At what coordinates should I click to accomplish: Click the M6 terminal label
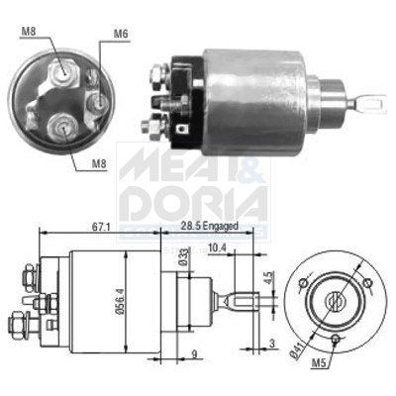(x=121, y=35)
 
